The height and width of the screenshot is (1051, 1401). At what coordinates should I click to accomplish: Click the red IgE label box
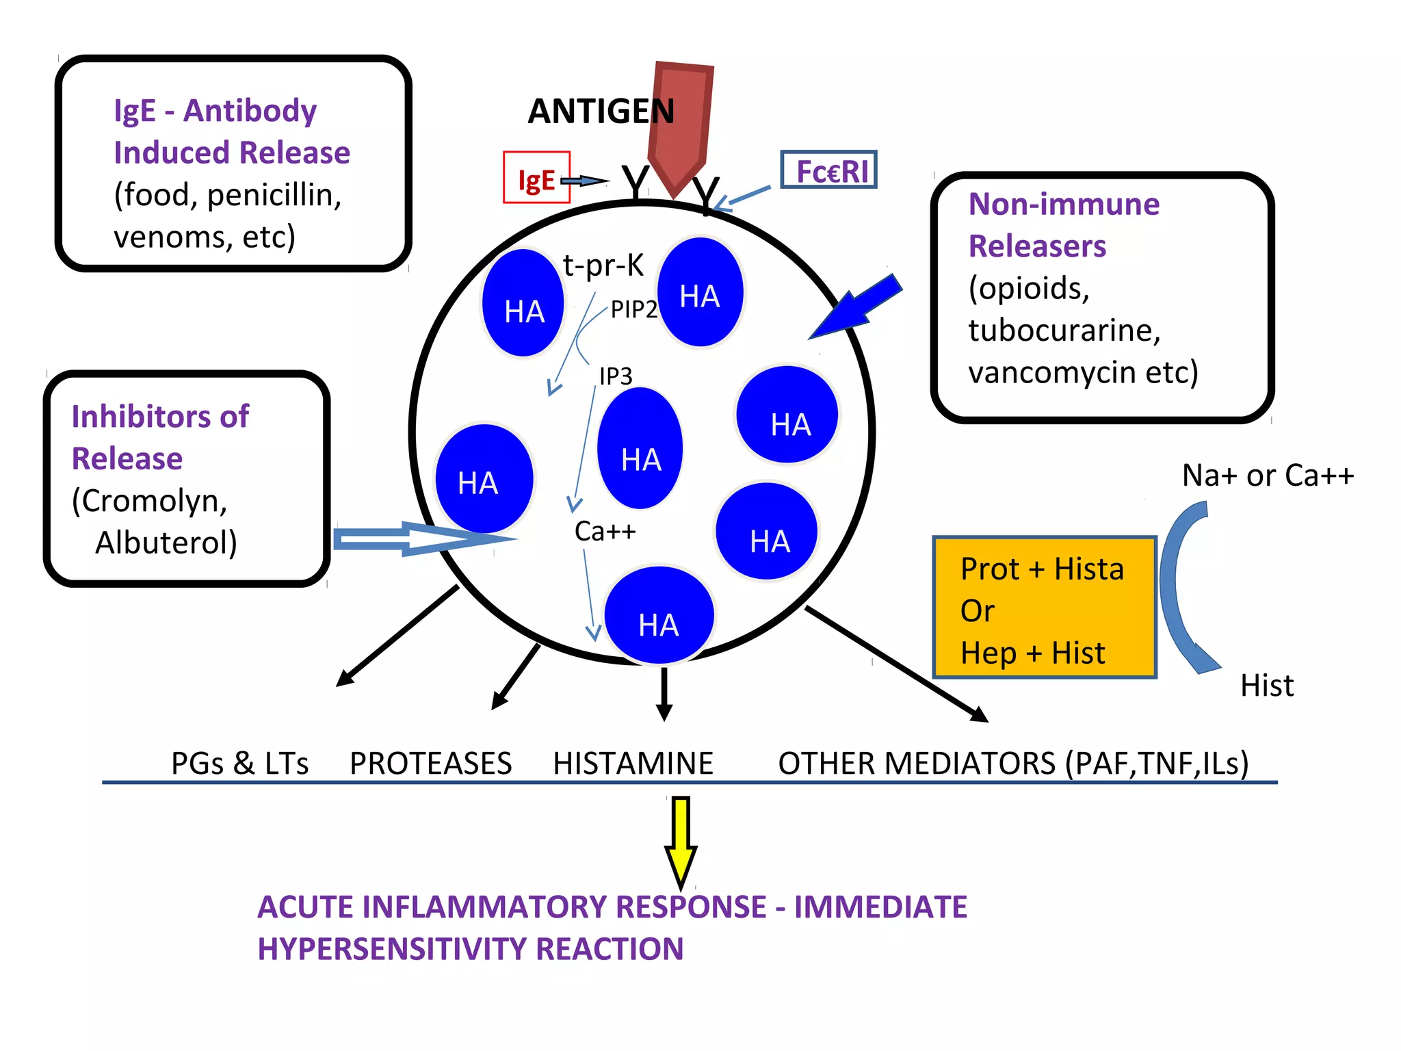(x=536, y=178)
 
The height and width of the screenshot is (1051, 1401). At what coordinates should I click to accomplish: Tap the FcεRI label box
(x=828, y=170)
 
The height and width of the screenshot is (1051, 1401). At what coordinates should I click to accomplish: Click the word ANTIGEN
(x=601, y=112)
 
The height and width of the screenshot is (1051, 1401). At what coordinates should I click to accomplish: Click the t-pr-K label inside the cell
(x=603, y=265)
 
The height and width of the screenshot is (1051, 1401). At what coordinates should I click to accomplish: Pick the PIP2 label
(x=633, y=310)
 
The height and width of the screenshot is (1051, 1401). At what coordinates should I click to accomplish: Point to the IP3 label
(x=616, y=376)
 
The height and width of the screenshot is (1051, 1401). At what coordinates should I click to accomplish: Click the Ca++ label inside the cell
(x=605, y=531)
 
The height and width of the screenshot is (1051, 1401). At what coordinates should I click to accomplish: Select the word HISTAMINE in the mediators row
(x=633, y=763)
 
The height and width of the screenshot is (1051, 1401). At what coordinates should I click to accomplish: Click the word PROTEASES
(x=430, y=763)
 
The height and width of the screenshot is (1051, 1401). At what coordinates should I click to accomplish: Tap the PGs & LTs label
(x=239, y=763)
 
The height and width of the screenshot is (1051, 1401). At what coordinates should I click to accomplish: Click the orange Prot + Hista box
(x=1044, y=608)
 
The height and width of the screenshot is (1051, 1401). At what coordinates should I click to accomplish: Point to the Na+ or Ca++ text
(x=1268, y=476)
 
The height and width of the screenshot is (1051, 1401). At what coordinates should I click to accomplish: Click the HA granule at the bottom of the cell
(x=659, y=616)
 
